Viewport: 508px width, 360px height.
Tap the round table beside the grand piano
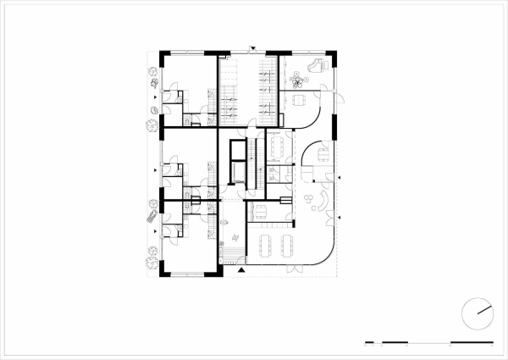click(297, 81)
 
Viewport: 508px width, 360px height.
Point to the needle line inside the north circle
click(484, 309)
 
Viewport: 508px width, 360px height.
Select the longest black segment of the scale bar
click(472, 342)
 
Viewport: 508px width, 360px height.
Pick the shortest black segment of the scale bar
click(366, 342)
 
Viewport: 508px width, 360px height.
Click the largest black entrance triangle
click(242, 270)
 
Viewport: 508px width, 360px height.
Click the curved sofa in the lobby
click(322, 201)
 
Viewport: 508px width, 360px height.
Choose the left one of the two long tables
click(266, 246)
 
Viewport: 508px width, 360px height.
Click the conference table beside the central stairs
click(279, 145)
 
